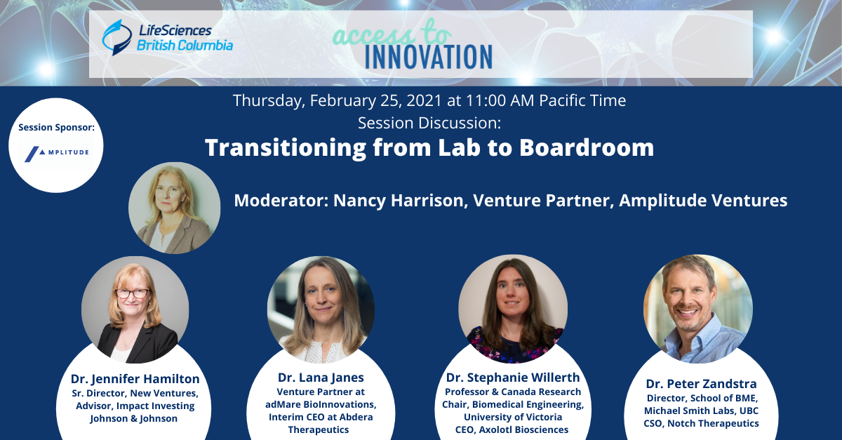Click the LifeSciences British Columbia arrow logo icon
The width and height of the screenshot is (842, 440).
point(117,37)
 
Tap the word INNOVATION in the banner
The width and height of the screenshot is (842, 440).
point(429,57)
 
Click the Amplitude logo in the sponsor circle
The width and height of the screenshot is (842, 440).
point(57,154)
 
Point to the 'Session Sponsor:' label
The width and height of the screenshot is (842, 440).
point(56,128)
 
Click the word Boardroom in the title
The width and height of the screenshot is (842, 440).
point(587,147)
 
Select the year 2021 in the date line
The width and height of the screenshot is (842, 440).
point(424,100)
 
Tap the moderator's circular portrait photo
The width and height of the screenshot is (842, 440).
point(175,208)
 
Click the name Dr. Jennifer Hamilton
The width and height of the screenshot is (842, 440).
point(135,379)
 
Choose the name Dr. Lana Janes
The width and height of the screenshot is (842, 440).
point(321,378)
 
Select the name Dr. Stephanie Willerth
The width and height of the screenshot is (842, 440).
point(513,378)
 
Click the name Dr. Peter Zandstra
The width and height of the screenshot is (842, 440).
point(701,384)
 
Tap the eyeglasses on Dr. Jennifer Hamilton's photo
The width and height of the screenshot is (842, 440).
point(133,293)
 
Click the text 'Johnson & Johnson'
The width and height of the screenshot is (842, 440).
point(133,418)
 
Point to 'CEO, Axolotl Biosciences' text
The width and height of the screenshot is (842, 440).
point(512,429)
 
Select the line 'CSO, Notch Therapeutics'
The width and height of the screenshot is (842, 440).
point(701,423)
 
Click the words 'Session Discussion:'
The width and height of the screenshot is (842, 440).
point(429,123)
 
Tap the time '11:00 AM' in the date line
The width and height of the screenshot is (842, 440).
point(500,100)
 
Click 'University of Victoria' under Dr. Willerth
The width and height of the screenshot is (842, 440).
point(513,417)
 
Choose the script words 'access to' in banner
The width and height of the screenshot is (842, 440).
point(392,34)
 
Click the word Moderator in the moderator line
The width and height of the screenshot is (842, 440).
point(281,201)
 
